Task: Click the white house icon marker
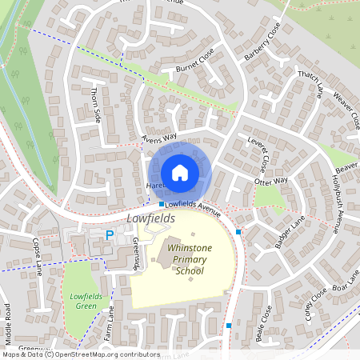coord(180,172)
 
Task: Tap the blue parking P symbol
coord(110,234)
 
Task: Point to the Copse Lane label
coord(38,255)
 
